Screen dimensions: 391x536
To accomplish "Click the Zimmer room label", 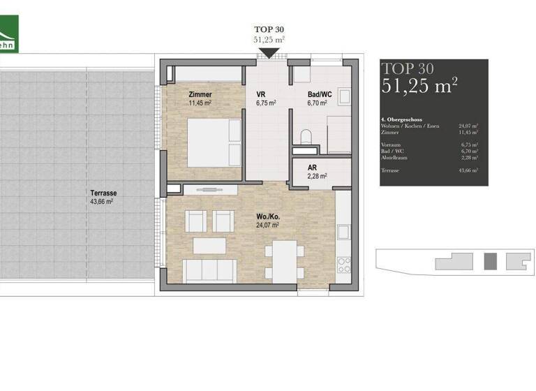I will click(x=200, y=94).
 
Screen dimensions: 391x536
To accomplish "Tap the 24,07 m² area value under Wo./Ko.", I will click(x=267, y=226).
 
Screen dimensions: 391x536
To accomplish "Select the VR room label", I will click(x=261, y=94).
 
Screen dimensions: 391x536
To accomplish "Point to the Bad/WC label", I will click(x=322, y=94).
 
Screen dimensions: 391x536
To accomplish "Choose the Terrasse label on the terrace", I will click(x=103, y=193).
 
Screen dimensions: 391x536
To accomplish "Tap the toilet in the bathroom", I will click(x=305, y=136).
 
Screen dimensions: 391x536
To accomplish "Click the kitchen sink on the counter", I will click(x=344, y=231).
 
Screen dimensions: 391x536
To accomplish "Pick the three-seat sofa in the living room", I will click(x=209, y=270).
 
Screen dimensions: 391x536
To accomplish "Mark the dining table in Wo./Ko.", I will click(x=285, y=261).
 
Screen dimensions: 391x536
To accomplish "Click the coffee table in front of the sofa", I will click(x=209, y=246).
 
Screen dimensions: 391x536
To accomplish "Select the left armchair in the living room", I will click(x=194, y=221).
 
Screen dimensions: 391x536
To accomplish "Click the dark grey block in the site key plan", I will click(x=491, y=261).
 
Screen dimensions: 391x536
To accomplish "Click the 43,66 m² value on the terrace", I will click(x=102, y=201).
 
